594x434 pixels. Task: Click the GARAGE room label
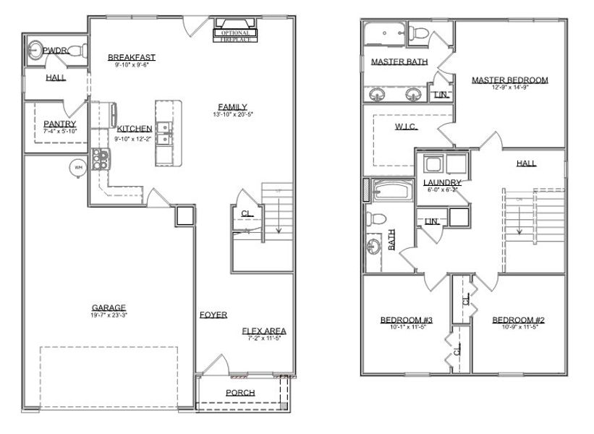pos(108,307)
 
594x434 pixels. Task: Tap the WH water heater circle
pos(77,168)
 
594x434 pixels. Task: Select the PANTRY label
pos(59,124)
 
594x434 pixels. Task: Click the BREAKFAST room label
pos(131,57)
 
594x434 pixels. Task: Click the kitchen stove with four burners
pos(99,156)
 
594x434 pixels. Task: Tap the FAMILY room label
pos(232,107)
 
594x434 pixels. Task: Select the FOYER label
pos(213,315)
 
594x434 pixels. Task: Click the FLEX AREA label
pos(263,331)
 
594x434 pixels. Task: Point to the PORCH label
pos(239,393)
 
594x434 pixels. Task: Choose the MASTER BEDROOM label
pos(509,80)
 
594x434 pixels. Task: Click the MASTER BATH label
pos(399,62)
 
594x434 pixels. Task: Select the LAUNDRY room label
pos(441,182)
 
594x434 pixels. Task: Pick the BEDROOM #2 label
pos(517,320)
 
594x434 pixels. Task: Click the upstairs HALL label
pos(526,163)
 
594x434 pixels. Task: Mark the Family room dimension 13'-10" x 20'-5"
pos(232,115)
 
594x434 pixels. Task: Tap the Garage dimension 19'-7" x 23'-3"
pos(108,315)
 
